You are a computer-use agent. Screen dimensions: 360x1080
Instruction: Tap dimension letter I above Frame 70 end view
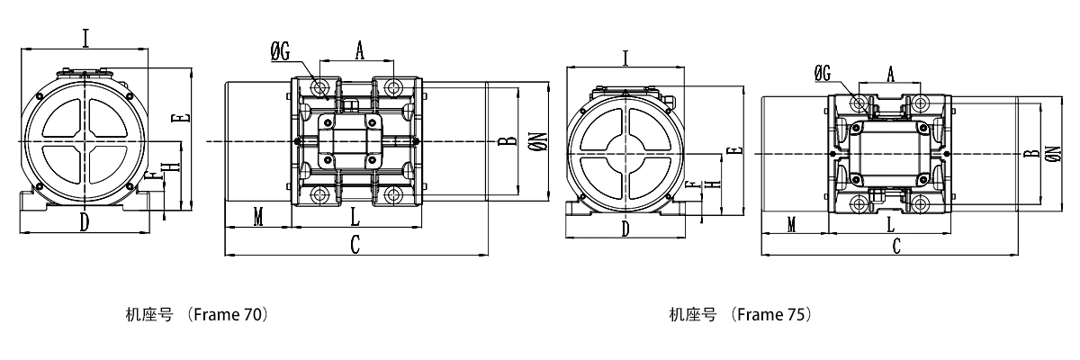click(85, 38)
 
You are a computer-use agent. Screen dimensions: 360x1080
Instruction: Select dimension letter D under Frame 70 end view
click(84, 222)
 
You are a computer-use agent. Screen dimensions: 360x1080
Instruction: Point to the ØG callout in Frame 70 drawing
click(280, 52)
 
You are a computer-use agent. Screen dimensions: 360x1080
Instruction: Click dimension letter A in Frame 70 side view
click(359, 51)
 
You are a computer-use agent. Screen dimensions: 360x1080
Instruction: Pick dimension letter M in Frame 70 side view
click(258, 219)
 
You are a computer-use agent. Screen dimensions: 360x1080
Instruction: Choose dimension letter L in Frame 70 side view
click(355, 219)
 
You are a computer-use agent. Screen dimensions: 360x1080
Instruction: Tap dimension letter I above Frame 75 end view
click(625, 58)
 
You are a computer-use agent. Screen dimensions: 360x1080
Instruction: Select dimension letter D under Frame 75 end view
click(625, 229)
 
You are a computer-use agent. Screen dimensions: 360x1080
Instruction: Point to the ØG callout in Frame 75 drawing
click(823, 74)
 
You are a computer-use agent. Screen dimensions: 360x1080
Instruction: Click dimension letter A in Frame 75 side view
click(891, 73)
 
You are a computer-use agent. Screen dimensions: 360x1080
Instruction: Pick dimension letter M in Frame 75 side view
click(792, 225)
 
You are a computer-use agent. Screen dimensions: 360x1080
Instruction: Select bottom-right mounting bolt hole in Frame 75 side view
click(922, 205)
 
